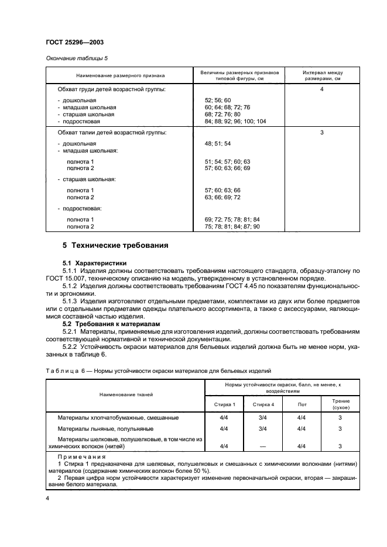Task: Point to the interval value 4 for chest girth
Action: point(322,89)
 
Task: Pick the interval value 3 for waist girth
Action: point(322,133)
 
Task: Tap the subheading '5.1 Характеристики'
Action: point(94,263)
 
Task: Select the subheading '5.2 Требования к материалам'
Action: point(108,324)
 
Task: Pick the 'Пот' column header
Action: point(302,404)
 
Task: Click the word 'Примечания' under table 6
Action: point(81,456)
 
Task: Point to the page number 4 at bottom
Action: point(47,498)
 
